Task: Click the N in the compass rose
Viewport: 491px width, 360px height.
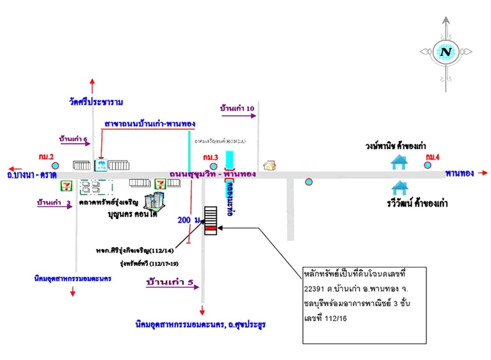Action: [446, 52]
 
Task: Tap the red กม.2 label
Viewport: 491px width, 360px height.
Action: [46, 157]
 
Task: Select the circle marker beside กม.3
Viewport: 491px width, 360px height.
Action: [214, 166]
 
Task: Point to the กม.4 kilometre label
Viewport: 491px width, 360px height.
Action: [433, 157]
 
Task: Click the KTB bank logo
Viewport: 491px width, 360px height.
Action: [101, 165]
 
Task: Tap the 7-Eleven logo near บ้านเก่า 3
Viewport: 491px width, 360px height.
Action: [67, 186]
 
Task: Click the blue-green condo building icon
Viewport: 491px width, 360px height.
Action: [155, 201]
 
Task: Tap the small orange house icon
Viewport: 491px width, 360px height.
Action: [270, 165]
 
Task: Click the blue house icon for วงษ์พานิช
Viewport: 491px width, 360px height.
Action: [399, 162]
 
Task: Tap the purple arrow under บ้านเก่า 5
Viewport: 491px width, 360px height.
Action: [173, 287]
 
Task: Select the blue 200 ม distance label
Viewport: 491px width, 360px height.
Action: [189, 220]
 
